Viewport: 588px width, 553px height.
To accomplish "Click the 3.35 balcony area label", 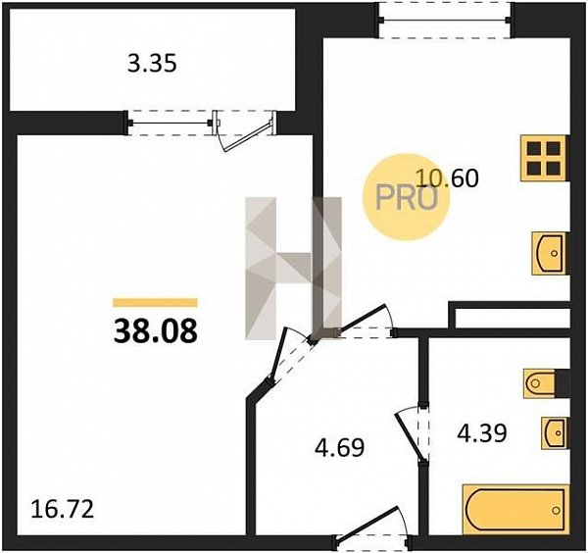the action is click(152, 64).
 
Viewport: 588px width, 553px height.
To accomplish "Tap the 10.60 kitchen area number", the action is click(448, 177).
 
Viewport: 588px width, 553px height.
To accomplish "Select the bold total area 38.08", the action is click(155, 331).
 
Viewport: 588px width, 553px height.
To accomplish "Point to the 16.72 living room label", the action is click(63, 510).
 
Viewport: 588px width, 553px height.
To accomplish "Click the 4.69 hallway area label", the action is click(340, 447).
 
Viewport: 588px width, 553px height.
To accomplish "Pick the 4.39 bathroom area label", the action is click(482, 432).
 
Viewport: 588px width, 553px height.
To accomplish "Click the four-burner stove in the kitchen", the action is click(543, 158).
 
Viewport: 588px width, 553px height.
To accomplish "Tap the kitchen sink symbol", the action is click(549, 253).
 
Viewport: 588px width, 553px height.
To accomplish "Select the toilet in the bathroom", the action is click(540, 383).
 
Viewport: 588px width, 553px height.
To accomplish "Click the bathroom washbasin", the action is click(554, 432).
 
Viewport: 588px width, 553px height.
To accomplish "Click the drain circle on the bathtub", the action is click(556, 510).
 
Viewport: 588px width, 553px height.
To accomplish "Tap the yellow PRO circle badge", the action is click(406, 196).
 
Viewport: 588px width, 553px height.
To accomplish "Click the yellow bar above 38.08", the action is click(155, 302).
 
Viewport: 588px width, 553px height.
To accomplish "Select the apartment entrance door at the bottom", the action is click(370, 525).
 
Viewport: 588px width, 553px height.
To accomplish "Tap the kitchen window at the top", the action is click(444, 21).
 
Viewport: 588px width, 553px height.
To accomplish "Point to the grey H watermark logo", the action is click(294, 269).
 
